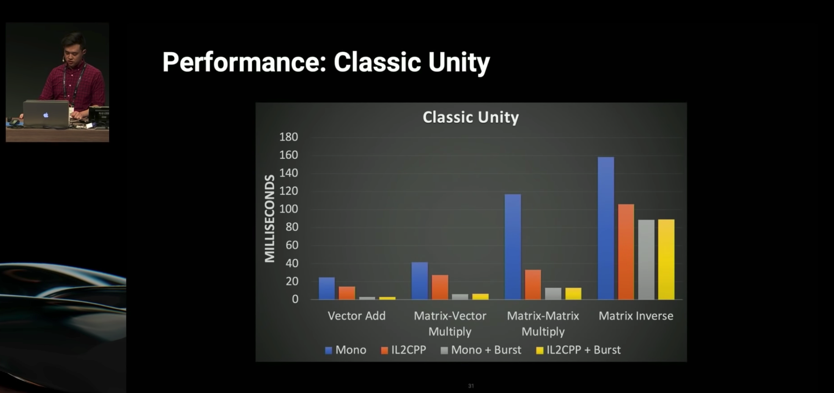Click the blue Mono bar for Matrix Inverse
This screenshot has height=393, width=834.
click(x=606, y=228)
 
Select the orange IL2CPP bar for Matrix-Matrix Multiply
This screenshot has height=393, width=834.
click(x=533, y=285)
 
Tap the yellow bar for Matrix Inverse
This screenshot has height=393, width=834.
click(x=666, y=260)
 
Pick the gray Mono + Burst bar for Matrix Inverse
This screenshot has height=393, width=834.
click(x=646, y=260)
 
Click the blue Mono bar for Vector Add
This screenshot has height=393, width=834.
click(x=326, y=288)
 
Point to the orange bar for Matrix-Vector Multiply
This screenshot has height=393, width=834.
click(x=440, y=287)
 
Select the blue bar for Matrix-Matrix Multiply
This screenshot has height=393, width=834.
click(x=513, y=247)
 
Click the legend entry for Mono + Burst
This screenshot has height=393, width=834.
click(x=481, y=350)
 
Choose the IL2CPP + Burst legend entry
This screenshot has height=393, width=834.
click(x=578, y=350)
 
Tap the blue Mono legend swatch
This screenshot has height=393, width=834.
click(x=329, y=351)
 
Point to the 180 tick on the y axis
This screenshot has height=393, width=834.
click(x=288, y=137)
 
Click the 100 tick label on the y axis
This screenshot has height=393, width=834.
click(x=288, y=209)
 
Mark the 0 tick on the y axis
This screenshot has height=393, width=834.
click(x=295, y=299)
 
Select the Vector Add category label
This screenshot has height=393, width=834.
click(x=357, y=316)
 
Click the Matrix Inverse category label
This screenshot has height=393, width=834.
click(x=636, y=316)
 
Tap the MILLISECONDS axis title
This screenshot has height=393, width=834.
click(x=269, y=219)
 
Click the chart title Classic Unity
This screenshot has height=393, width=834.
click(x=471, y=117)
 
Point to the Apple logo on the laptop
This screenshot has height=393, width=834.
click(x=46, y=115)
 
